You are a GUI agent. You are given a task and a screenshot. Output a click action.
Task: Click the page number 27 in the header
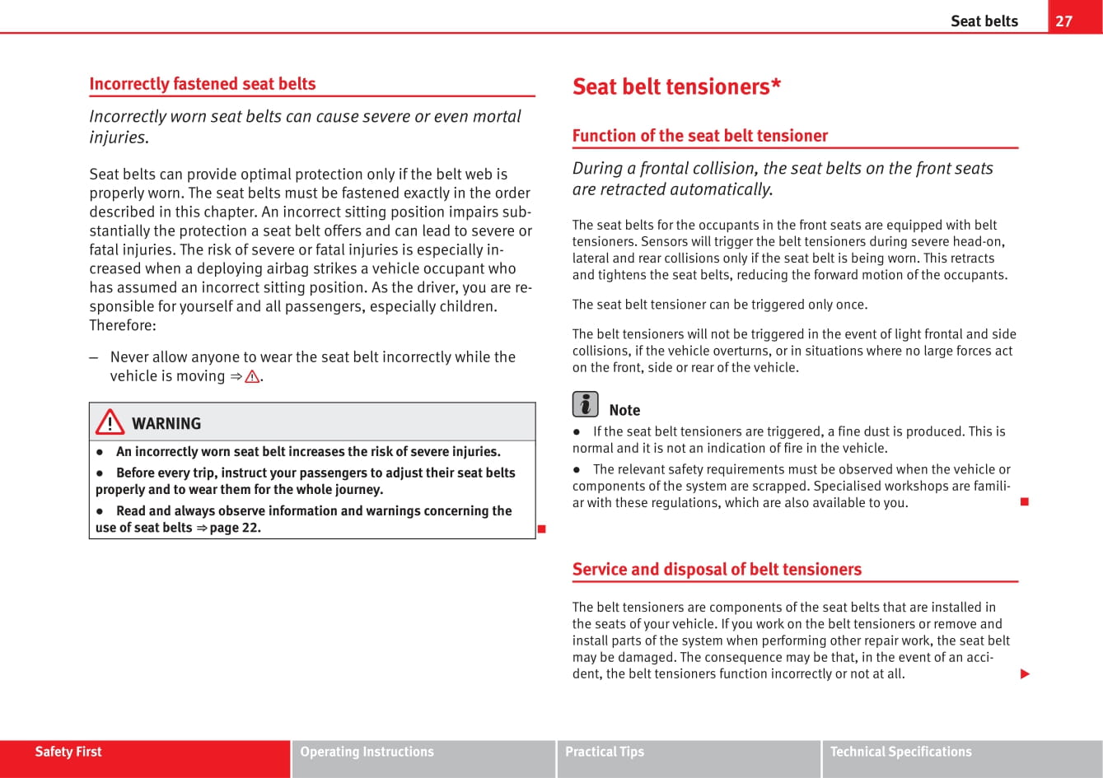point(1064,21)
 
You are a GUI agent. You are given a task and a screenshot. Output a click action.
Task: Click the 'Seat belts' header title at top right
point(984,21)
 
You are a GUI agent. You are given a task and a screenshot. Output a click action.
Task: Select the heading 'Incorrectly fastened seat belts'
point(203,83)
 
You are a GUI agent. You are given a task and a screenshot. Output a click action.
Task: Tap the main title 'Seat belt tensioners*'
point(676,86)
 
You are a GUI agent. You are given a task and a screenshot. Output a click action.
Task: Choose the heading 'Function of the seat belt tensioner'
point(699,135)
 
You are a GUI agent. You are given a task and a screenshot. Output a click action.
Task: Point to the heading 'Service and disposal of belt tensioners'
point(716,569)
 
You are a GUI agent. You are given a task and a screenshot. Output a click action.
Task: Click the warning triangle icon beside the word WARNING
point(109,423)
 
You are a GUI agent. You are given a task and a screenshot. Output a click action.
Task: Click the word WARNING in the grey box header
point(166,424)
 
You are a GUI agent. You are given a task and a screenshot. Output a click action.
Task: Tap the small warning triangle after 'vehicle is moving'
point(251,377)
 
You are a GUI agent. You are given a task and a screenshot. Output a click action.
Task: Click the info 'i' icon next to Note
point(585,404)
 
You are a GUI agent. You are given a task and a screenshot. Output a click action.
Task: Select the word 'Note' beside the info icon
point(624,410)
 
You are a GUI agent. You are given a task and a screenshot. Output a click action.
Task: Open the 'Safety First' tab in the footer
point(68,752)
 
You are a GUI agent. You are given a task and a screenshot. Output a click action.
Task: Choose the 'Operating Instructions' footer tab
point(367,752)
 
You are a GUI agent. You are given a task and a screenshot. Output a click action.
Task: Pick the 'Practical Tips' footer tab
point(605,752)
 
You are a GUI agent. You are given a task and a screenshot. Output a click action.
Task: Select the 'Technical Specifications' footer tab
point(900,752)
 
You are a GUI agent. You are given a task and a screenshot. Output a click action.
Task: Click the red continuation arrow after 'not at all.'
point(1025,674)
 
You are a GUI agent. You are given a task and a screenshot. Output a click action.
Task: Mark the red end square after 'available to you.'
point(1025,501)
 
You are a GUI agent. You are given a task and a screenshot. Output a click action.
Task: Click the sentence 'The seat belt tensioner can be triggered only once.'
point(719,305)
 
